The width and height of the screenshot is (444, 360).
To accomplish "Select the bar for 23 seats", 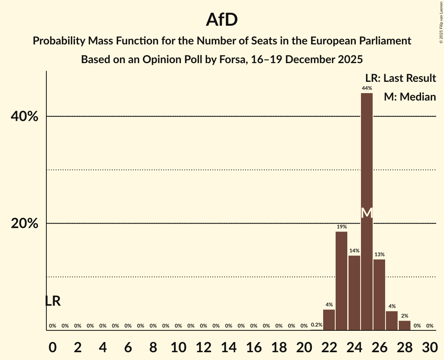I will coord(341,281).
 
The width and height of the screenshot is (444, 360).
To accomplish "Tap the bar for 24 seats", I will coord(354,293).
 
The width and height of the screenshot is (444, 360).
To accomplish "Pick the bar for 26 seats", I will coord(379,295).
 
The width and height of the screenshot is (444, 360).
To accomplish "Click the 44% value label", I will coord(366,88).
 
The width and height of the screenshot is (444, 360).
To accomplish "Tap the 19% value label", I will coord(341,227).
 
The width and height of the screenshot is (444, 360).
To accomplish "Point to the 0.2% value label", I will coord(317,325).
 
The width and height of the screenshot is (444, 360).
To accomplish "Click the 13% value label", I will coord(379,254).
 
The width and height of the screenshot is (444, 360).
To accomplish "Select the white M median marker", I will coord(366,213).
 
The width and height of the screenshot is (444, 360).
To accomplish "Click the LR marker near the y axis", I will coord(53,301).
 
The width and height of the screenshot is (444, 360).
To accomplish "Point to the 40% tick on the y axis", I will coord(24,116).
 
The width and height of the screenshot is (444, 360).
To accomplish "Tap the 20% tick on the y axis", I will coord(24,224).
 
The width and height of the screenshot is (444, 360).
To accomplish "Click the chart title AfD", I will coord(222,20).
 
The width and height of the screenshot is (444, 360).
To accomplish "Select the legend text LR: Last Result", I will coord(400,78).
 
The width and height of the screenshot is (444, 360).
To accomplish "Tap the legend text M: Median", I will coord(410,97).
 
